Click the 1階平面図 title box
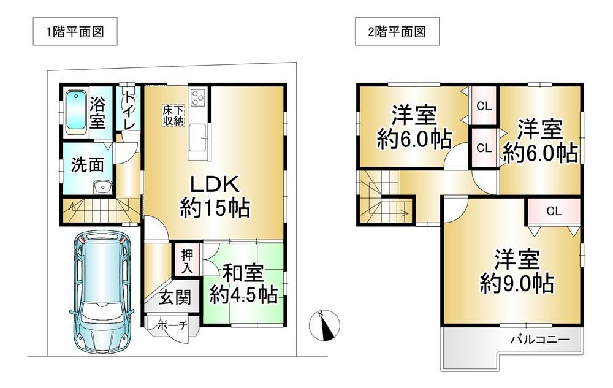75,31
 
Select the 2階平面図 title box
397,31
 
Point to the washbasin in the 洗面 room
103,187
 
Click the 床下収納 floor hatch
173,115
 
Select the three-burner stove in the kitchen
198,97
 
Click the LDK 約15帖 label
215,197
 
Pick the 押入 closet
187,261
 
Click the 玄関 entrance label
175,298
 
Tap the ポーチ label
172,325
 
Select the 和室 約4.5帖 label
243,284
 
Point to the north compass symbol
324,325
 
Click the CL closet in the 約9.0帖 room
554,211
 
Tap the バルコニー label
540,340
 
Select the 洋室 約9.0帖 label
516,271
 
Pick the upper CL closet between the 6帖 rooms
484,106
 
